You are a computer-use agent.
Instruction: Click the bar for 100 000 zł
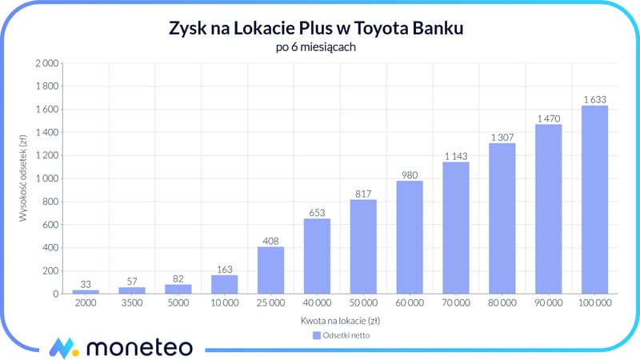coord(594,200)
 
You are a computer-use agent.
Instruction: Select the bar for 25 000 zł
coord(270,270)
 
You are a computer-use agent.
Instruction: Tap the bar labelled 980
coord(410,238)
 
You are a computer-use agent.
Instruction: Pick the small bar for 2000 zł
coord(85,291)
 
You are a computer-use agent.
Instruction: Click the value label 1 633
coord(594,99)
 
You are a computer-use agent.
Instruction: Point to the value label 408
coord(270,240)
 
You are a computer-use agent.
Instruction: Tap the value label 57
coord(131,281)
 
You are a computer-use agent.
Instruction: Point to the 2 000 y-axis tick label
coord(45,63)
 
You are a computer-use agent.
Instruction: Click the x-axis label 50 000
coord(363,305)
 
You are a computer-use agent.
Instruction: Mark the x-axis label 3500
coord(131,305)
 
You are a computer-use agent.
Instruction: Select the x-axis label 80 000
coord(502,305)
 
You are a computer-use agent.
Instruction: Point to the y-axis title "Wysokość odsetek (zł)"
coord(23,178)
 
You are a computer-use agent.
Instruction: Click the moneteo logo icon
coord(62,348)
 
